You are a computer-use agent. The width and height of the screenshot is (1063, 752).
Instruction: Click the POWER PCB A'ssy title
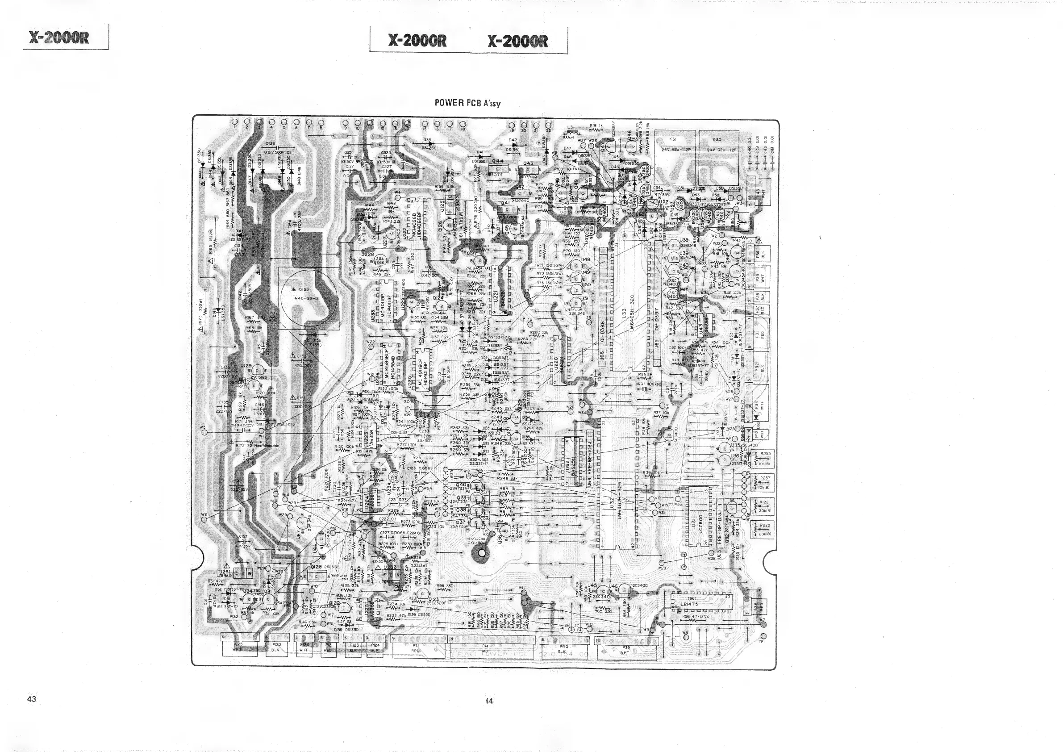point(467,103)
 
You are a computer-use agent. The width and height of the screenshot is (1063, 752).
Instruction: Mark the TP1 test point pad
point(763,637)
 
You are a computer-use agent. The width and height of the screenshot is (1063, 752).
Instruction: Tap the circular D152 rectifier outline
point(309,298)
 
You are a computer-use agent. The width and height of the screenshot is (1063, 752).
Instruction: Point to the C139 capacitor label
point(271,143)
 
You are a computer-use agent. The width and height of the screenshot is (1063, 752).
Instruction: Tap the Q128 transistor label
point(317,567)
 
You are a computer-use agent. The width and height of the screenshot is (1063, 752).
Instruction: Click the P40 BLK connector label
point(563,648)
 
